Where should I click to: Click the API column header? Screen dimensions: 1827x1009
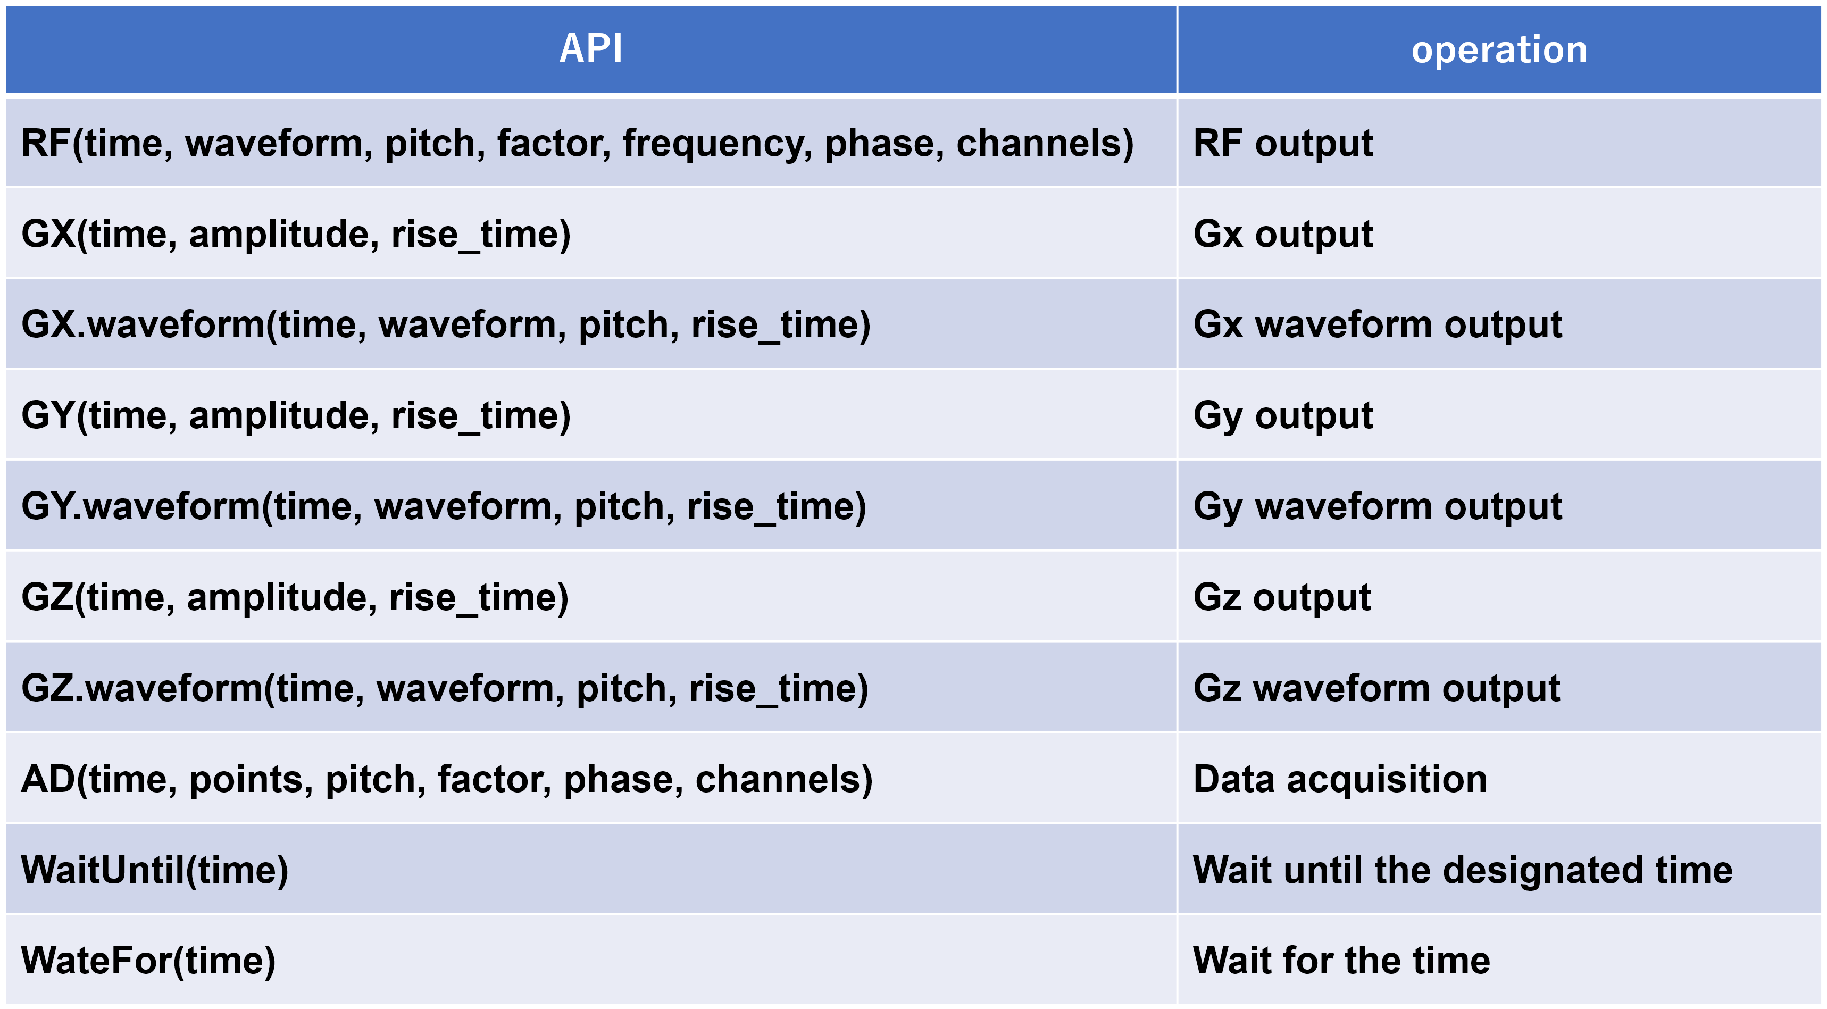click(591, 49)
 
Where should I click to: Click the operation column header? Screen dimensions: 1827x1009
click(1499, 49)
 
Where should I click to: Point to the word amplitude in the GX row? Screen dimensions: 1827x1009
click(283, 235)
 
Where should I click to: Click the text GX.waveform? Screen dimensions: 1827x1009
click(143, 325)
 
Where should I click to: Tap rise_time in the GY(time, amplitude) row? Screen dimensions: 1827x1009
click(481, 415)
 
